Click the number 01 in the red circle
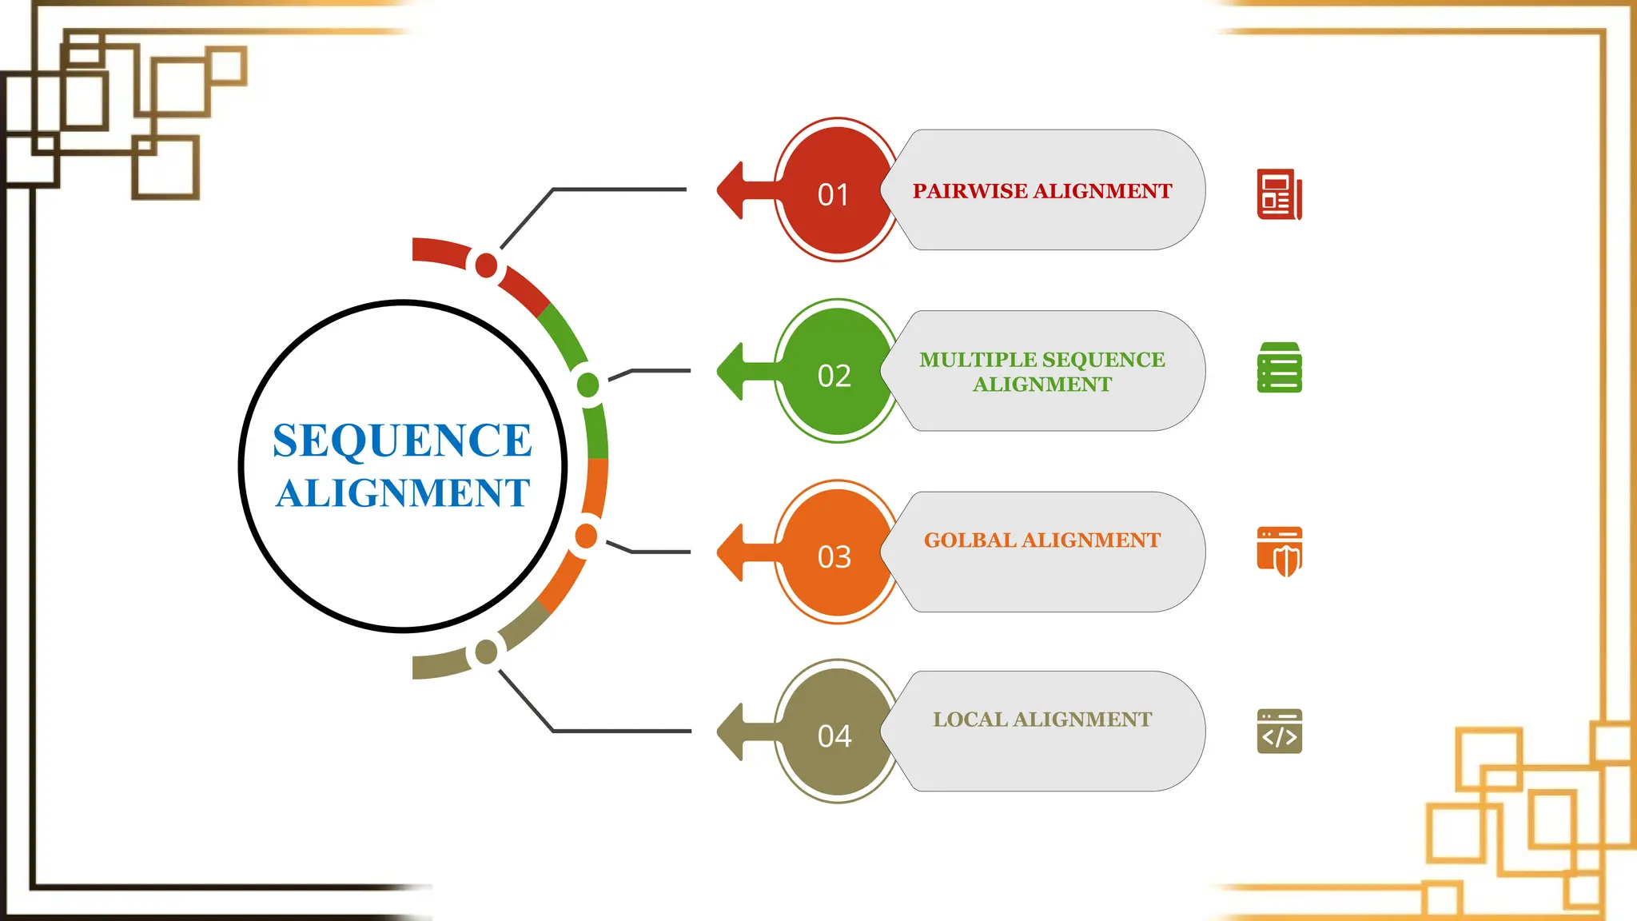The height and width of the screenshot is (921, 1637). point(833,194)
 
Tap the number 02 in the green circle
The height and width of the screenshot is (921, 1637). point(834,376)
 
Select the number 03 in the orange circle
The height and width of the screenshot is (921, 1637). point(834,556)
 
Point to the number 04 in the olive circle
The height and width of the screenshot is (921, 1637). point(834,736)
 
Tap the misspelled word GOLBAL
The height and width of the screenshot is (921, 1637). point(970,540)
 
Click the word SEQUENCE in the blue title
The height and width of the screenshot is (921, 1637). point(402,441)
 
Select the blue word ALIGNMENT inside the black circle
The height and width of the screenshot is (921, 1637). point(403,492)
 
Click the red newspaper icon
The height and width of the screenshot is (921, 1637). point(1279,194)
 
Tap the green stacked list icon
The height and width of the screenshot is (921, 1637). point(1279,368)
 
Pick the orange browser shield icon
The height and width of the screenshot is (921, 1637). point(1279,552)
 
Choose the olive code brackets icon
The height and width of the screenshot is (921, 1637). point(1279,731)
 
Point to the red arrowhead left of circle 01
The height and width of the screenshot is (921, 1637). point(732,190)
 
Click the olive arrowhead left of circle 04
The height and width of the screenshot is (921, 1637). point(732,732)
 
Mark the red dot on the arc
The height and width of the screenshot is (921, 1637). point(486,265)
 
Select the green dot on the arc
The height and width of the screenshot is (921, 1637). point(588,385)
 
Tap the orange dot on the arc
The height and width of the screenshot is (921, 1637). point(586,536)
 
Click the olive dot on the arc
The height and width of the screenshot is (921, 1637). point(486,652)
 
